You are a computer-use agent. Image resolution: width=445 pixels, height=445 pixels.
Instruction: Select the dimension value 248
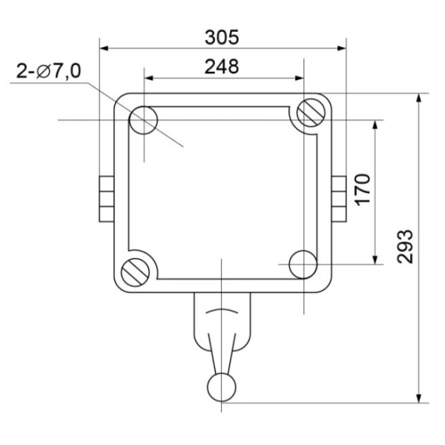(x=222, y=67)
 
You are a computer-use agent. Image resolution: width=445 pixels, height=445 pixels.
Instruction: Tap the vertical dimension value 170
(x=362, y=190)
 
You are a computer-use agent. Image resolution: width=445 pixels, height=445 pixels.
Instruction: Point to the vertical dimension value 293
(x=405, y=248)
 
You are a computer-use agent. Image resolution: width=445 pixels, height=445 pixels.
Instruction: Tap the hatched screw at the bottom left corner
(x=136, y=271)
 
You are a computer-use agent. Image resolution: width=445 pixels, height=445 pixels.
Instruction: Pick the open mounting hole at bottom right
(x=303, y=263)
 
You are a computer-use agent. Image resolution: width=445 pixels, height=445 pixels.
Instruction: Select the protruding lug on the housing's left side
(x=105, y=199)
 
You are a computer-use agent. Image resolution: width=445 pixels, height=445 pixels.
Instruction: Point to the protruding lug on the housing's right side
(x=340, y=199)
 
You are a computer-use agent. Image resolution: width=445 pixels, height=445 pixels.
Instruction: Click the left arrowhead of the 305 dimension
(x=105, y=49)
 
